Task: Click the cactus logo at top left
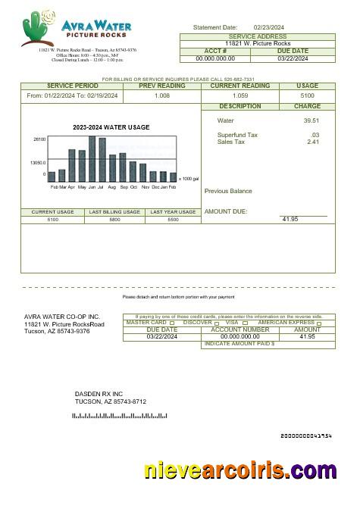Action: (39, 28)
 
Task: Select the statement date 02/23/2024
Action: (269, 27)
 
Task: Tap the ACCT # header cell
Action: (215, 51)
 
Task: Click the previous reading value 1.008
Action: (162, 96)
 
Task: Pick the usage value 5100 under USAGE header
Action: (308, 96)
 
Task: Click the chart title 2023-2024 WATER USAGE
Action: (111, 127)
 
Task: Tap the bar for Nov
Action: (142, 173)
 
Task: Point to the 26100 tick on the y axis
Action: (39, 139)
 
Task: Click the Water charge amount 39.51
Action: (311, 120)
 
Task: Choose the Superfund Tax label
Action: (237, 135)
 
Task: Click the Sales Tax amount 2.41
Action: (312, 142)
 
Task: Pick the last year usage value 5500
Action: (173, 219)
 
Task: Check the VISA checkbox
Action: (245, 323)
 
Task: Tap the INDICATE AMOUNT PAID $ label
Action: (239, 344)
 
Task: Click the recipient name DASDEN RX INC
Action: (99, 394)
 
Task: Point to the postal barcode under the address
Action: (119, 416)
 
